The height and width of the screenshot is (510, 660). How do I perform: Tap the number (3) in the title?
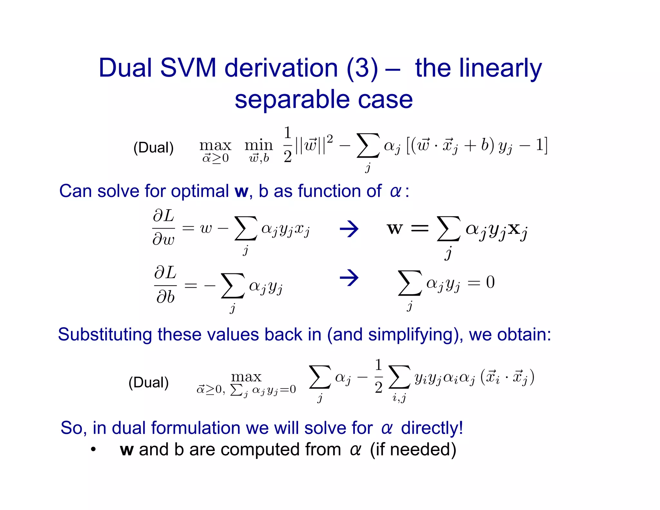pos(362,69)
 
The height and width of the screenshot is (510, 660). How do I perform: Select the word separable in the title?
pos(292,100)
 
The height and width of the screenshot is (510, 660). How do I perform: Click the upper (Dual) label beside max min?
pos(153,148)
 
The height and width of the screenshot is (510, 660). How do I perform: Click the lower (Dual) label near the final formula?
pos(148,383)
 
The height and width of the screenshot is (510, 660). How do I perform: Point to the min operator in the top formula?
pos(258,145)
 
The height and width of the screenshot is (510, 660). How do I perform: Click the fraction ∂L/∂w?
pos(164,227)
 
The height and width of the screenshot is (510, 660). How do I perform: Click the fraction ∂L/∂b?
pos(165,285)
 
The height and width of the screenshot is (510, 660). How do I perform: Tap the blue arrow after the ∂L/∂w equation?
pos(349,229)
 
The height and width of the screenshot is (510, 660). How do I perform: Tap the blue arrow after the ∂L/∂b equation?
pos(349,278)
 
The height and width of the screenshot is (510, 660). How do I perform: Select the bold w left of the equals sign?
pos(395,229)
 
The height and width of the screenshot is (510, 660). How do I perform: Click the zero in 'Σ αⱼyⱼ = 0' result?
pos(490,282)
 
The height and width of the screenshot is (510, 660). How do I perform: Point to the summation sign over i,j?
pos(399,377)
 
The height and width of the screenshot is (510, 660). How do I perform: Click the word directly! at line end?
pos(432,428)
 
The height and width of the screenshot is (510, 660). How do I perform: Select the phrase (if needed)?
pos(413,449)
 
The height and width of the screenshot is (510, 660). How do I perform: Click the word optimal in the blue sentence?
pos(200,191)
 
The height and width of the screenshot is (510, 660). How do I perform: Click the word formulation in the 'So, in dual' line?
pos(196,428)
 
